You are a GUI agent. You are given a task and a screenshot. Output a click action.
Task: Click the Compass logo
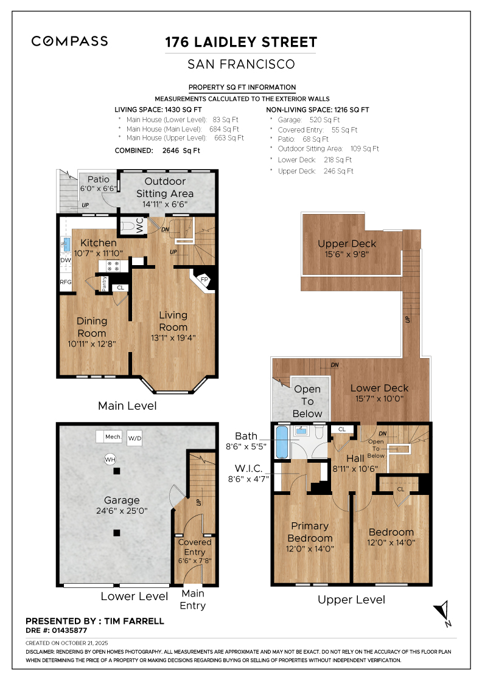(69, 41)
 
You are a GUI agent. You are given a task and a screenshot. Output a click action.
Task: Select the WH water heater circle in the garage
(110, 459)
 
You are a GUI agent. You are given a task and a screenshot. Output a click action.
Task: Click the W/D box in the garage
(134, 438)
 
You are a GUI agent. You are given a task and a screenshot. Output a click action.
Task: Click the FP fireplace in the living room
(203, 280)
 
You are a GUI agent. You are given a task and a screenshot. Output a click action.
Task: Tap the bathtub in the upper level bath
(282, 441)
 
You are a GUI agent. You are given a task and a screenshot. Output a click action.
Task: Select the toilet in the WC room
(128, 226)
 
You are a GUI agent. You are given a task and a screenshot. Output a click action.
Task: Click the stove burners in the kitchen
(113, 266)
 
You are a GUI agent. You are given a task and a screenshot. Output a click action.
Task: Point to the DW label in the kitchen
(66, 260)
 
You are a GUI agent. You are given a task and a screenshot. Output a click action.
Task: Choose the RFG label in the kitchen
(66, 282)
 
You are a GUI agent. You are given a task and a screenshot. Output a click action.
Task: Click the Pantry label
(104, 283)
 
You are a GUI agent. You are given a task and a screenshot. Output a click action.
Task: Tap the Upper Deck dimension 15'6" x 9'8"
(347, 255)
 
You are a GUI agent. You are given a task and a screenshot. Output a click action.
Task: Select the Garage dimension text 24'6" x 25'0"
(122, 511)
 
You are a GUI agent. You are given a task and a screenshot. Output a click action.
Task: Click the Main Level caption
(127, 406)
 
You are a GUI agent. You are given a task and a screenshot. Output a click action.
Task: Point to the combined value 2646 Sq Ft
(181, 151)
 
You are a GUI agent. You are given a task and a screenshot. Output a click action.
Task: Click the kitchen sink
(66, 244)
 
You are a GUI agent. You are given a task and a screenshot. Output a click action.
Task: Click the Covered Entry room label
(195, 547)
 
